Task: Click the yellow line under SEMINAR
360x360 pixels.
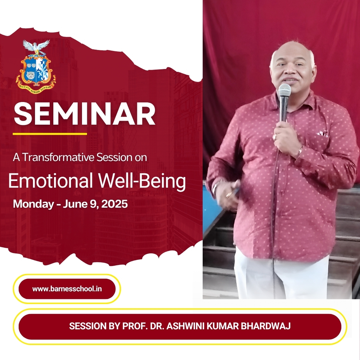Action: pyautogui.click(x=50, y=134)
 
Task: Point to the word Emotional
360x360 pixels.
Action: pyautogui.click(x=51, y=181)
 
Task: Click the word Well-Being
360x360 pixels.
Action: pyautogui.click(x=142, y=181)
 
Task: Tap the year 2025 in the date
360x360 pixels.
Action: pyautogui.click(x=114, y=204)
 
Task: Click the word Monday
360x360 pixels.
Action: pyautogui.click(x=34, y=204)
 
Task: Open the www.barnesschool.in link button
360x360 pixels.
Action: pyautogui.click(x=67, y=289)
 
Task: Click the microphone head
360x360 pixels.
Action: pyautogui.click(x=284, y=90)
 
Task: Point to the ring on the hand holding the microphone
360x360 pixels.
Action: pyautogui.click(x=275, y=137)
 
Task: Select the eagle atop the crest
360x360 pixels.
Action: pyautogui.click(x=36, y=47)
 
